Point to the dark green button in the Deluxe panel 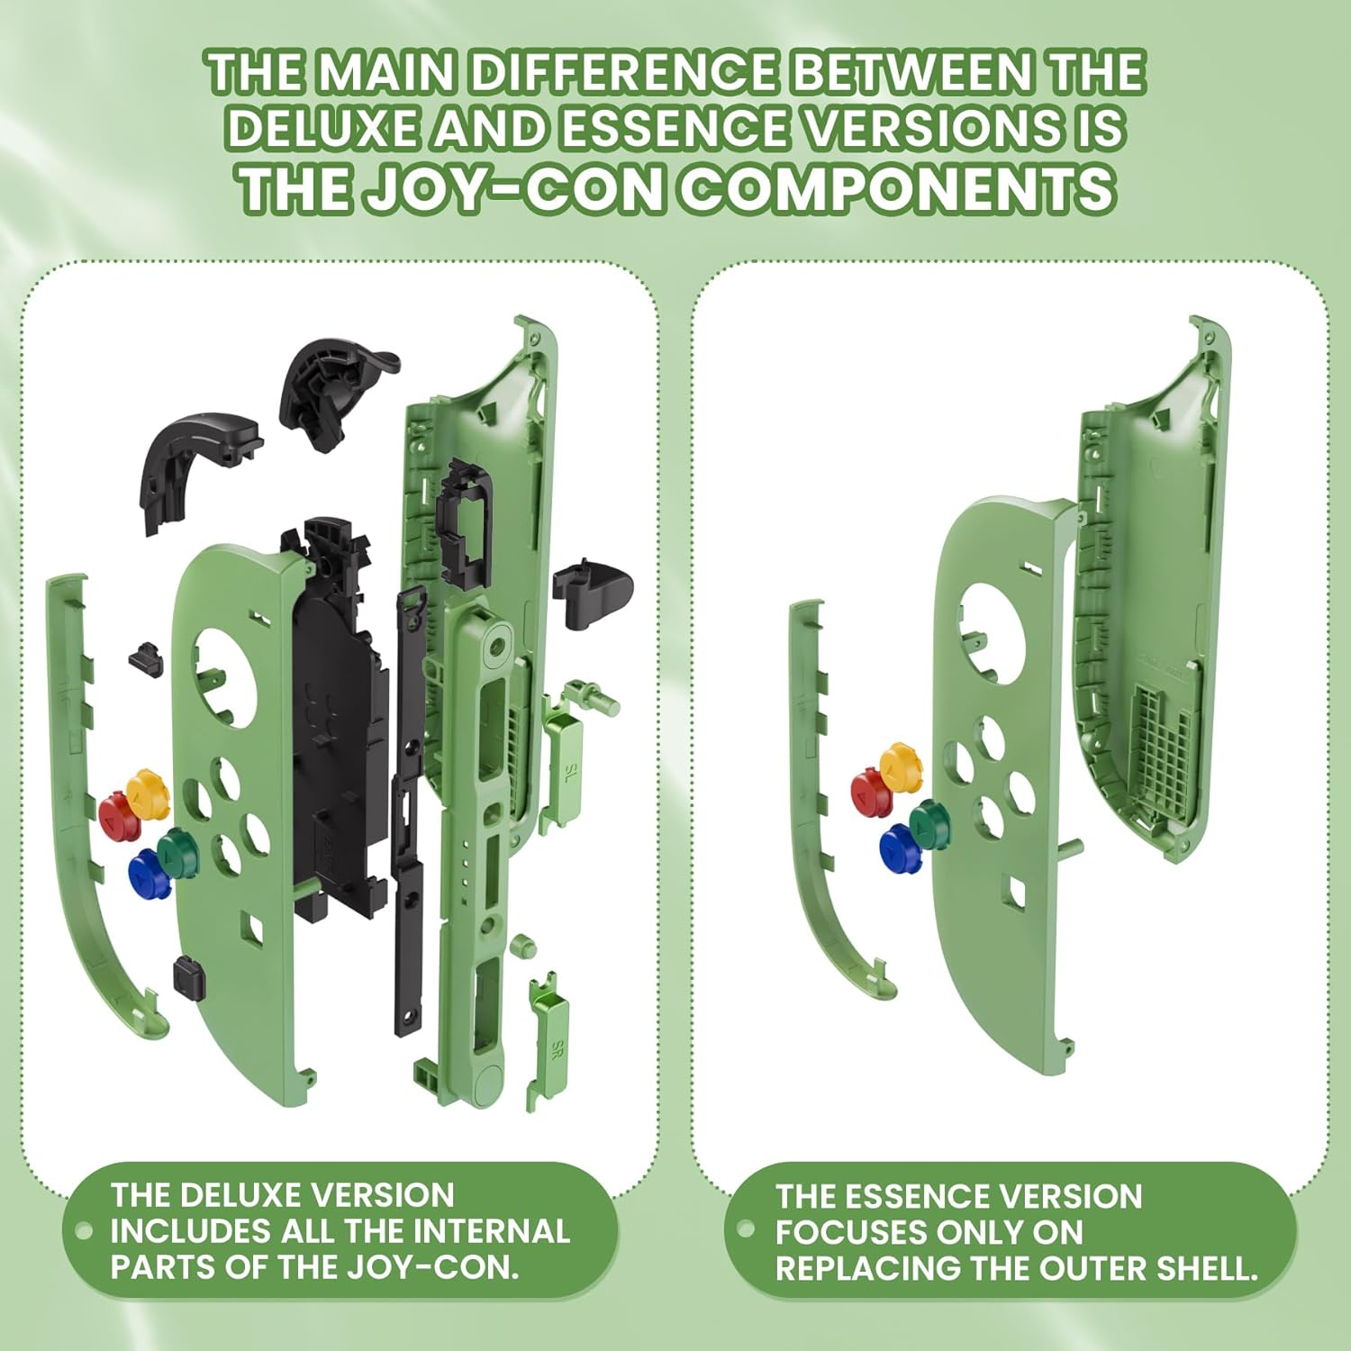point(177,848)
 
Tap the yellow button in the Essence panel point(902,765)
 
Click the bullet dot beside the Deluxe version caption point(85,1231)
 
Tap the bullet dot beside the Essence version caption point(746,1229)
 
